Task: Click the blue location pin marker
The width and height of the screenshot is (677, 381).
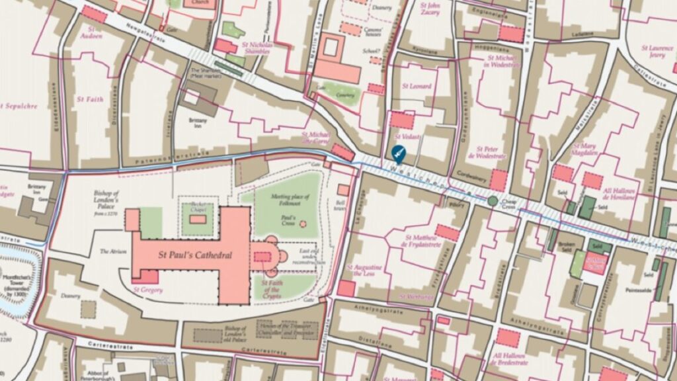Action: coord(398,153)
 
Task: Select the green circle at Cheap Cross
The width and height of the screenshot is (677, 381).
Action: coord(492,200)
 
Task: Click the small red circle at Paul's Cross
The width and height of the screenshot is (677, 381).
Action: coord(303,224)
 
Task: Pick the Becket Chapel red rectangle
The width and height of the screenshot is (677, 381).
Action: coord(197,219)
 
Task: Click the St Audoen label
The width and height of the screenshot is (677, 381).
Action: coord(92,33)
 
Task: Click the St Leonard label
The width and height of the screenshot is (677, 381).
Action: coord(417,87)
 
